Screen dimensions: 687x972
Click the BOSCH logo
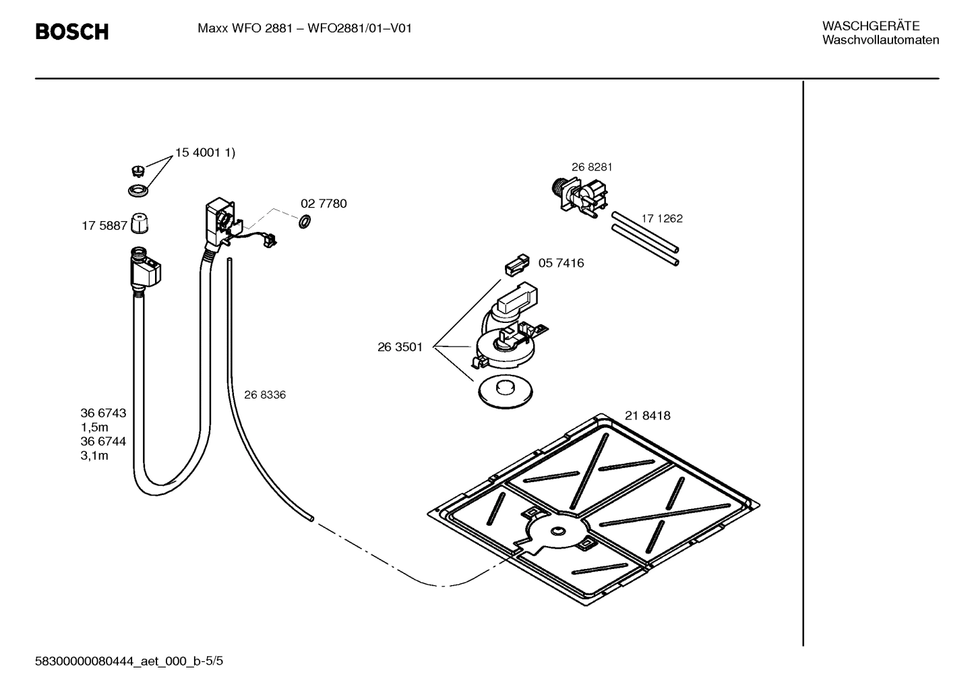coord(71,32)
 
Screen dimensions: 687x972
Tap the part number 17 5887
coord(104,226)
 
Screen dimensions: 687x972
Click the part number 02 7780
coord(324,204)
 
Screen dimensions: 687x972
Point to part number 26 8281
coord(592,167)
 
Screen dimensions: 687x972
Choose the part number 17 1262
coord(661,218)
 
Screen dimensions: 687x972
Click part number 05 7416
coord(561,263)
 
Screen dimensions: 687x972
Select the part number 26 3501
coord(400,347)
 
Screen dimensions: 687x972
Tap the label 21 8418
coord(647,416)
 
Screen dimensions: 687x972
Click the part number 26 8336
coord(264,395)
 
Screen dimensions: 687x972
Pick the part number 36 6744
coord(103,442)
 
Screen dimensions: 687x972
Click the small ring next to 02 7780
coord(304,221)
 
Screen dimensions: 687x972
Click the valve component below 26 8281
coord(580,196)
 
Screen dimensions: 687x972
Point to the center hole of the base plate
coord(557,532)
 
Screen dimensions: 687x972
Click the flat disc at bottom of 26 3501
coord(504,390)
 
